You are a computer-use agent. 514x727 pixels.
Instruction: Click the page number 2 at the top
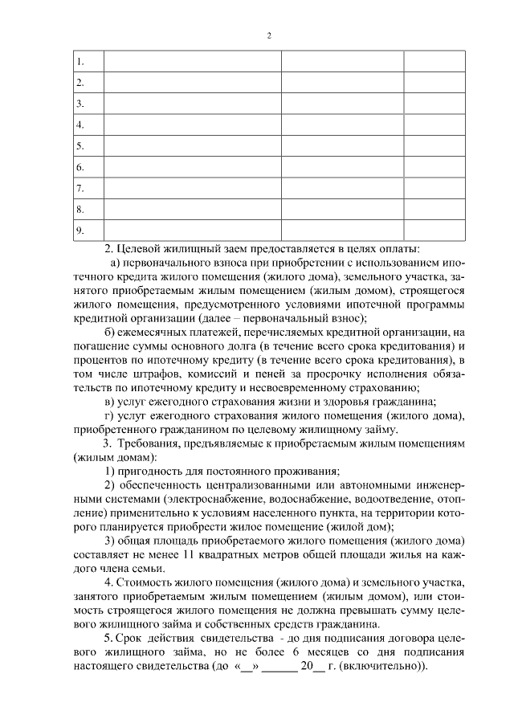point(270,35)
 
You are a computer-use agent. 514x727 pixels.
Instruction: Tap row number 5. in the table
point(80,146)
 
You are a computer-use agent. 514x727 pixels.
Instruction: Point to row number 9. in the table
point(80,231)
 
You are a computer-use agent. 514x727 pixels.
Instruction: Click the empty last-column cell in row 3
point(434,104)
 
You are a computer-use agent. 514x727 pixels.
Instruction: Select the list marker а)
point(114,262)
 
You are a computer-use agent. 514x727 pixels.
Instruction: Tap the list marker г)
point(112,415)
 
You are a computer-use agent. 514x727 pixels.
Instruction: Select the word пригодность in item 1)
point(156,471)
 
